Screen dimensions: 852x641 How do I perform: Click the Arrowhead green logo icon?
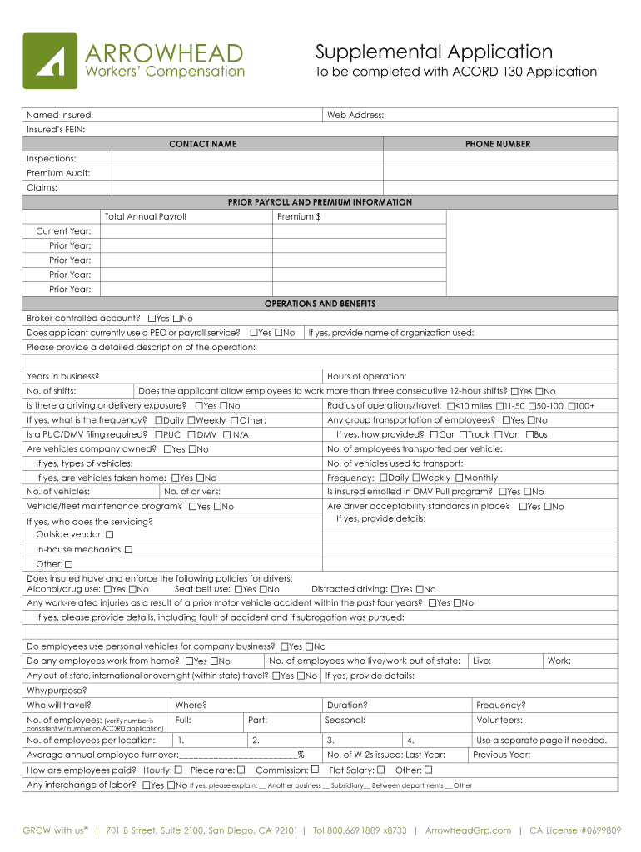coord(50,61)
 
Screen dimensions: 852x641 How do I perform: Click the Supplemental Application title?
coord(433,52)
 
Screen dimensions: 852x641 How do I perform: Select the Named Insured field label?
coord(60,115)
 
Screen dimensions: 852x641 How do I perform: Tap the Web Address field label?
coord(355,115)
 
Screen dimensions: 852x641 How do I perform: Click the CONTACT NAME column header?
coord(202,144)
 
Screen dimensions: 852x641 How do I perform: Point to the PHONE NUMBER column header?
coord(498,144)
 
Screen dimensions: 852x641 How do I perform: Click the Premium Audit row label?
coord(58,173)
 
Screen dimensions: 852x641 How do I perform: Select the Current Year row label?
coord(63,231)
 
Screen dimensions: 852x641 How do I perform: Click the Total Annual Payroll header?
coord(146,216)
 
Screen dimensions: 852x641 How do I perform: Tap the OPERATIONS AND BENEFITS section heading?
coord(320,304)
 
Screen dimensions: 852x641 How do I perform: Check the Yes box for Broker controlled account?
coord(152,319)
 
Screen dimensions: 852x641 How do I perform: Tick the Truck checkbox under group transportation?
coord(462,434)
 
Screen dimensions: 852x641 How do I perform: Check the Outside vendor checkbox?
coord(110,534)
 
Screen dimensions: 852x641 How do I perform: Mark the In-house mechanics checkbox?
coord(128,549)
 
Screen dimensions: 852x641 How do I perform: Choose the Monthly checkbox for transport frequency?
coord(458,478)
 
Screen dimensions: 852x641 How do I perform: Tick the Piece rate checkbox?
coord(241,770)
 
